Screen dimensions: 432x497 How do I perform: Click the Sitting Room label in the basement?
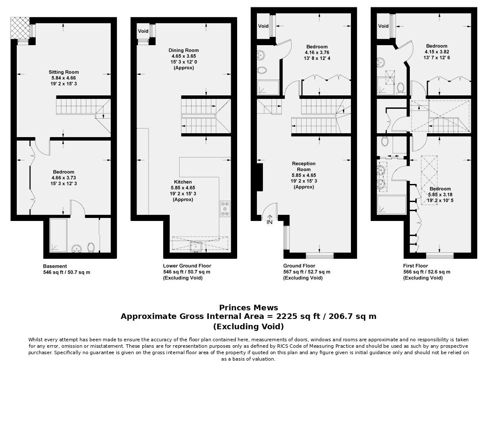click(64, 72)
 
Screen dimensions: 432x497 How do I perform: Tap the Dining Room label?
click(183, 50)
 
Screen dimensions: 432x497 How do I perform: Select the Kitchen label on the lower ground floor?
click(183, 182)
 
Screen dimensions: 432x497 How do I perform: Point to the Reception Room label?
click(304, 166)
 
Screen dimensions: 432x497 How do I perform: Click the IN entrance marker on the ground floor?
click(269, 222)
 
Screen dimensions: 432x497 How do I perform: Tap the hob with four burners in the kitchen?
click(225, 208)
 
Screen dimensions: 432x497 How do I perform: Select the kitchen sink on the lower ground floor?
click(196, 246)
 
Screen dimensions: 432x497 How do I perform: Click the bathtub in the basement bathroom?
click(58, 235)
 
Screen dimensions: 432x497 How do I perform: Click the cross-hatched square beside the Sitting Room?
click(20, 28)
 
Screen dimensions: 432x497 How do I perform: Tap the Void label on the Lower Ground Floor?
click(143, 31)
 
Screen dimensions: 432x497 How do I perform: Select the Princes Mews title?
click(248, 308)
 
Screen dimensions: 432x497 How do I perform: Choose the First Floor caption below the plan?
click(415, 266)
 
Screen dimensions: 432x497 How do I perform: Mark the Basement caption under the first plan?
click(55, 267)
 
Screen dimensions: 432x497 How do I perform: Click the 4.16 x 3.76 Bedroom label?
click(317, 53)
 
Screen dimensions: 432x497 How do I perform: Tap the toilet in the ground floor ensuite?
click(262, 70)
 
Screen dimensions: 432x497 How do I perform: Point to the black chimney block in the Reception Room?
click(259, 177)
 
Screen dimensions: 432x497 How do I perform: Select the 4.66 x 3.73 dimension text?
click(64, 178)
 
